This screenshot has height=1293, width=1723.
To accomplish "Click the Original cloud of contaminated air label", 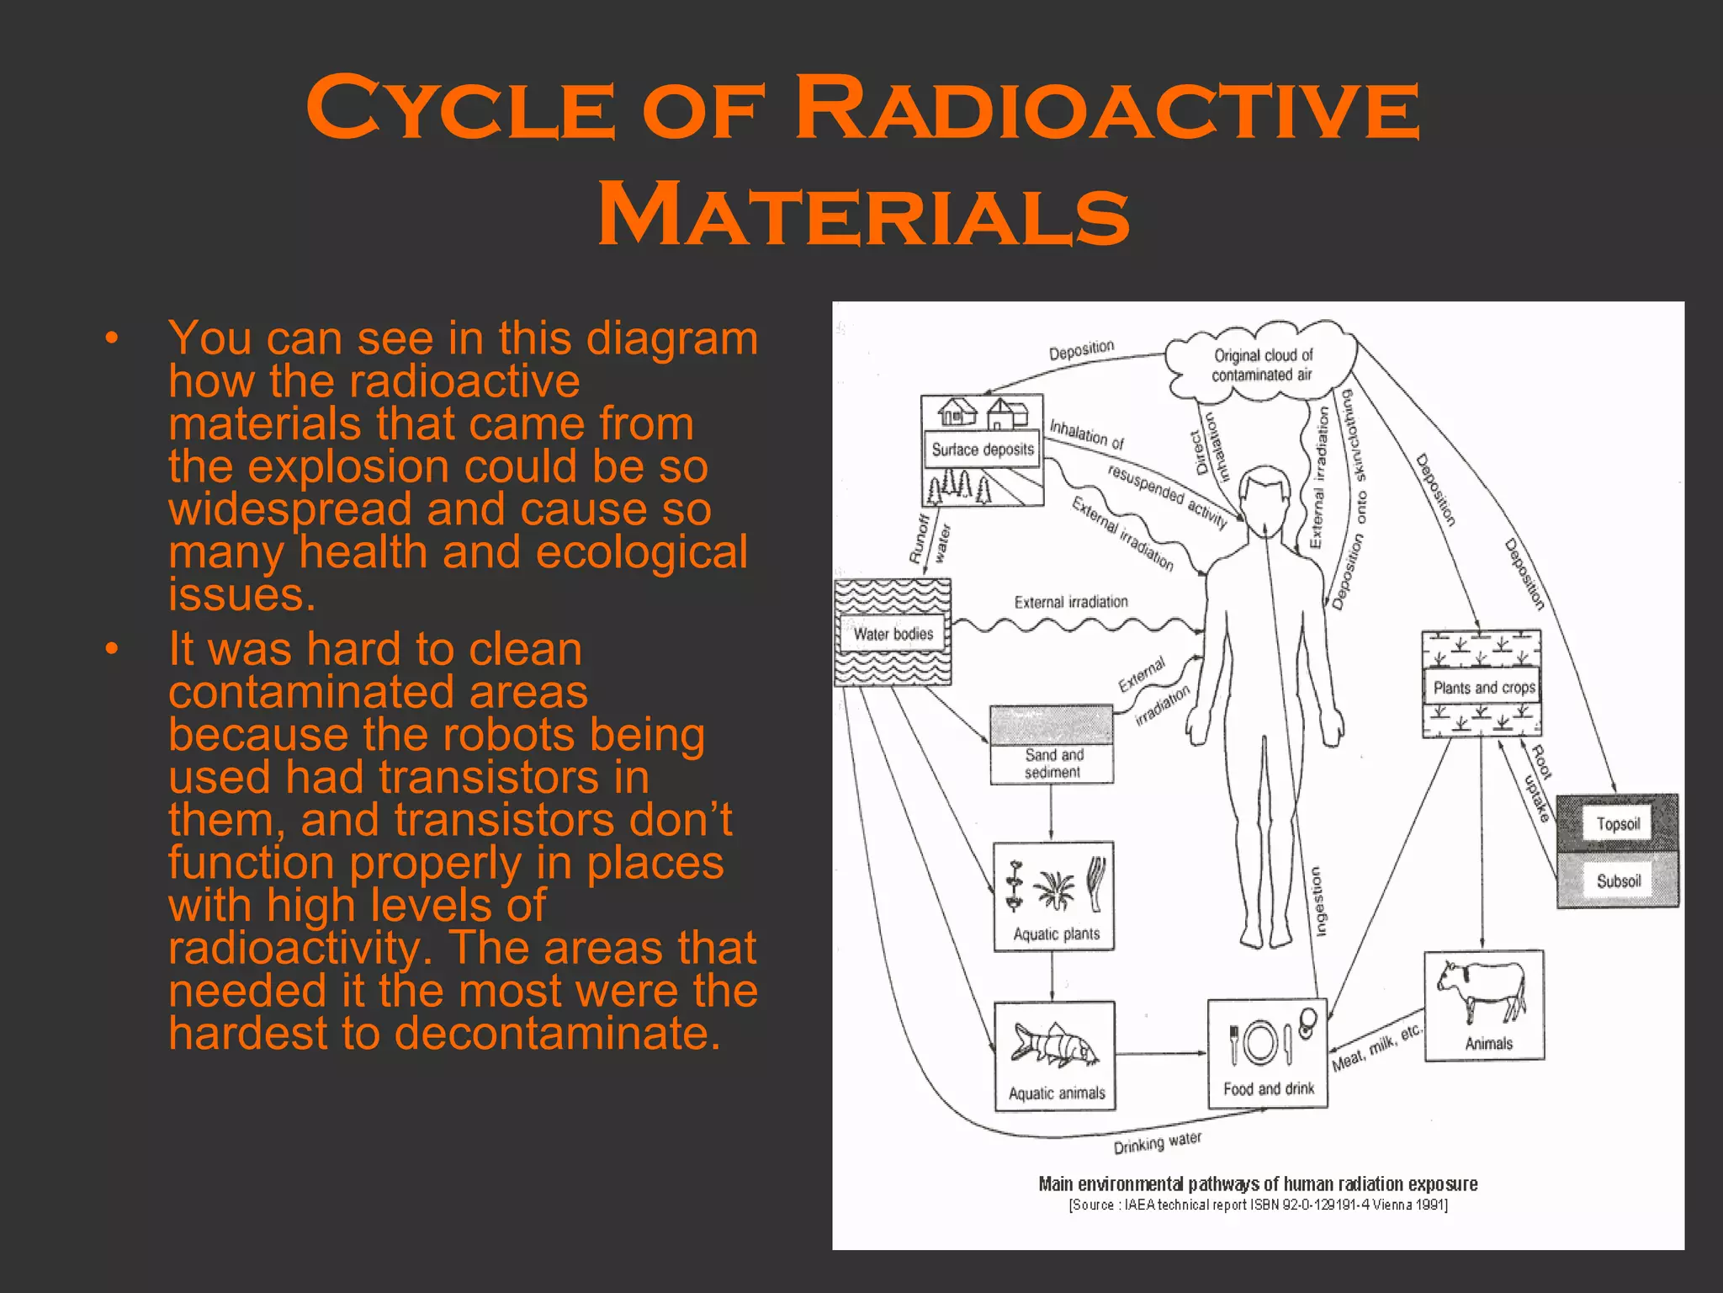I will (x=1262, y=365).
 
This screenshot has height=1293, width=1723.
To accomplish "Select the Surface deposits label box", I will (x=982, y=450).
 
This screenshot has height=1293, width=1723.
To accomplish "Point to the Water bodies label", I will (x=893, y=634).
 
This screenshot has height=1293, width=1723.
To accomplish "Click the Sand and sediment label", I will (x=1053, y=764).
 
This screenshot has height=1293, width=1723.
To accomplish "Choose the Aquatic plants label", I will (x=1056, y=934).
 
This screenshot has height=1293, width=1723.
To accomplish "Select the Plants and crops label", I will (x=1484, y=688).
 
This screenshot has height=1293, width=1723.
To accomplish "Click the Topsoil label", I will (x=1618, y=824).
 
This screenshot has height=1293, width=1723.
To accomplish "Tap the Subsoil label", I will (x=1618, y=881).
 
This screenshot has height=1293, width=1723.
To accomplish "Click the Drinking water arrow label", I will (x=1158, y=1143).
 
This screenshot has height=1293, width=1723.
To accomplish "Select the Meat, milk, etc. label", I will (x=1376, y=1049).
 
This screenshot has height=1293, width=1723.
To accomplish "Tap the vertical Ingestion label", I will (x=1318, y=901).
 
